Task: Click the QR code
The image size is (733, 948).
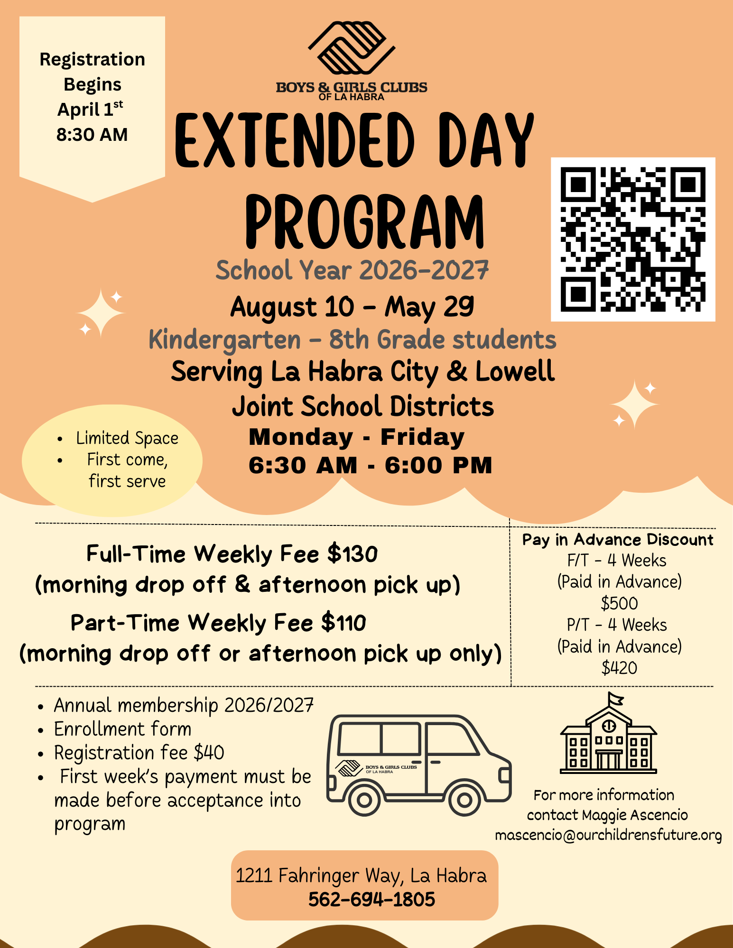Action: pyautogui.click(x=632, y=239)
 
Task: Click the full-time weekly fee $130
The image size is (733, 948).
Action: pyautogui.click(x=353, y=554)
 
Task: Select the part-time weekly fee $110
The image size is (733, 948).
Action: pyautogui.click(x=343, y=623)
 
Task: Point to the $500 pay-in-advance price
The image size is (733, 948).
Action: pyautogui.click(x=619, y=603)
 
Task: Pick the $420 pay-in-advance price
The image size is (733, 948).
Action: pyautogui.click(x=619, y=668)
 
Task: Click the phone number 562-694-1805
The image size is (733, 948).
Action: pyautogui.click(x=371, y=899)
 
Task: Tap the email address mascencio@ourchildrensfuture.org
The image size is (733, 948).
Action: pyautogui.click(x=608, y=835)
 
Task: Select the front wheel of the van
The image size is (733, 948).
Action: pyautogui.click(x=464, y=800)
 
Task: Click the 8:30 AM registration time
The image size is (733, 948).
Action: pyautogui.click(x=92, y=135)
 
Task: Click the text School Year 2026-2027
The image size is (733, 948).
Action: pyautogui.click(x=352, y=270)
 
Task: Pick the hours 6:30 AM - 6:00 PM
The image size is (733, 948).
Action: pyautogui.click(x=370, y=465)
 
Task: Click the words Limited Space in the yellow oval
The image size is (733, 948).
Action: pyautogui.click(x=127, y=438)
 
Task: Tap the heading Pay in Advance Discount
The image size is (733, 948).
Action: pyautogui.click(x=618, y=540)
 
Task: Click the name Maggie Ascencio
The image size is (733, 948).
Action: pyautogui.click(x=634, y=815)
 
